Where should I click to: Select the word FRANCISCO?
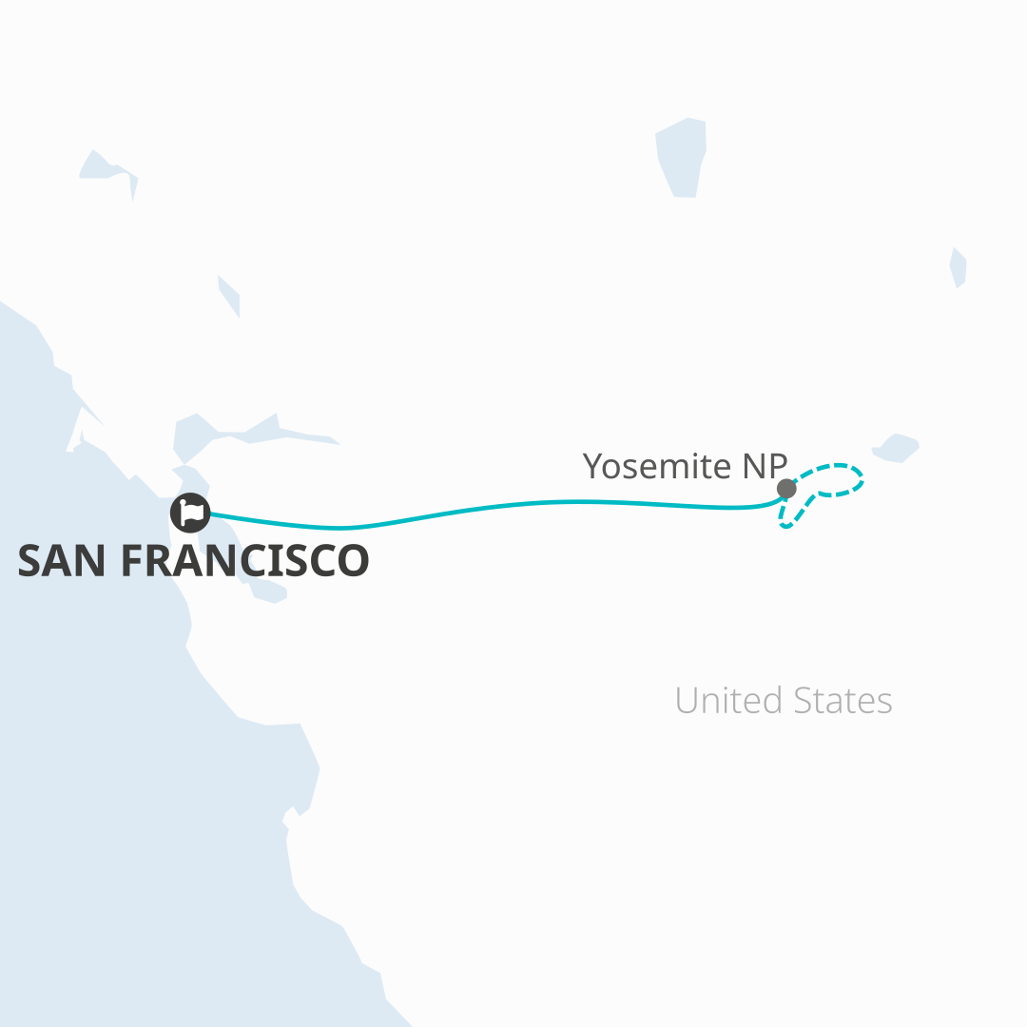click(244, 561)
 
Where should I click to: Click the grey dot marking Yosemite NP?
click(786, 489)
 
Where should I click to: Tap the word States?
click(845, 701)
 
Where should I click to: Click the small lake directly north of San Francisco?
click(229, 295)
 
